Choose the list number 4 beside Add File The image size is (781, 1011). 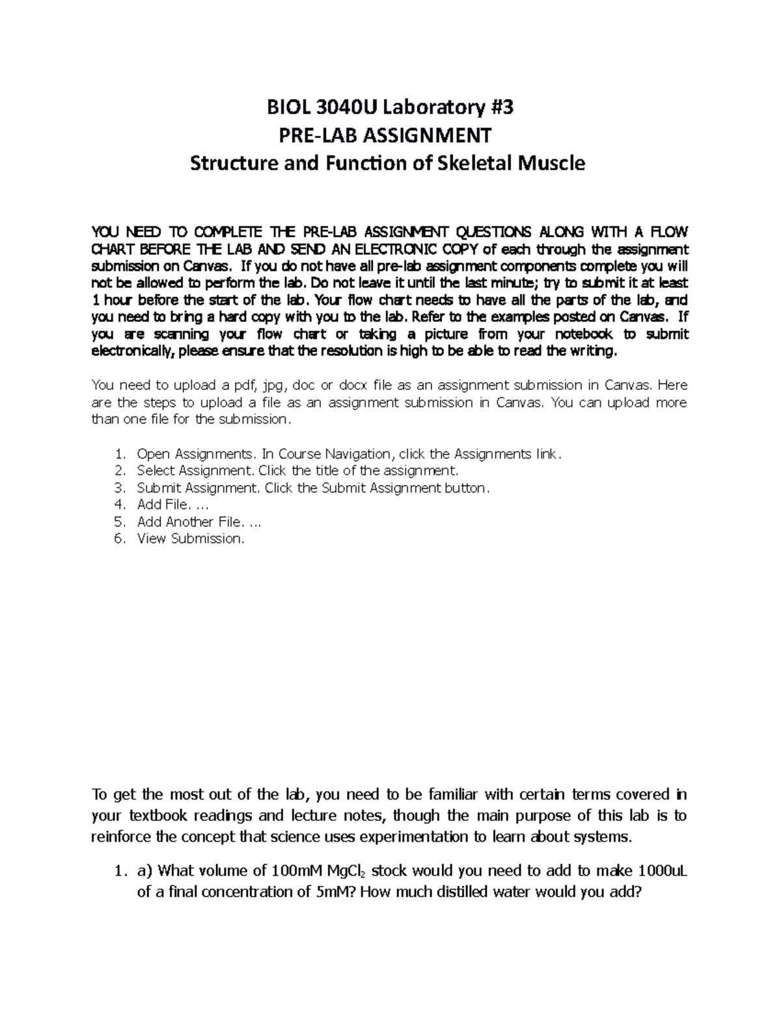point(118,505)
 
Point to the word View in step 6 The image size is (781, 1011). point(152,538)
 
